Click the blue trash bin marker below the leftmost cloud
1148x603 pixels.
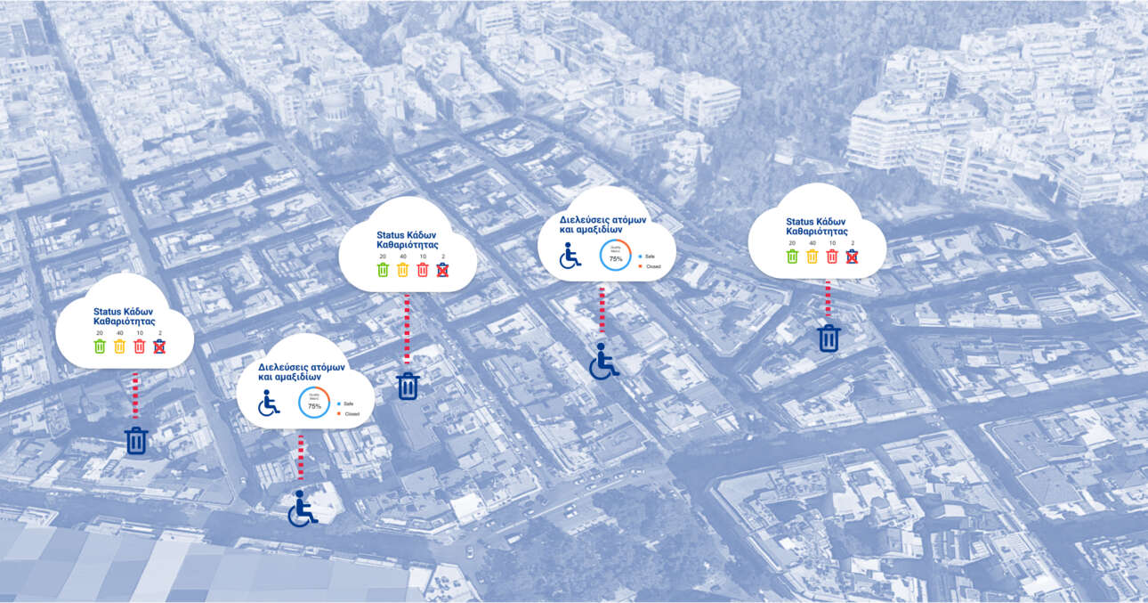click(136, 440)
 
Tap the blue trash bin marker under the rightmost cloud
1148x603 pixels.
click(829, 338)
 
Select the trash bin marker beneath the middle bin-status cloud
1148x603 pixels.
click(408, 386)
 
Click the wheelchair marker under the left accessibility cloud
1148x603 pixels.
click(302, 509)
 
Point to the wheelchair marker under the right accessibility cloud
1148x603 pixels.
click(603, 361)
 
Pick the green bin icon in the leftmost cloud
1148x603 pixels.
click(100, 346)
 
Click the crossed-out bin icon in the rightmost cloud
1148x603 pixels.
click(852, 257)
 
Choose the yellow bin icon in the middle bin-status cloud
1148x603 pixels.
click(402, 270)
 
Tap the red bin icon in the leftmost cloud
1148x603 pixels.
click(140, 346)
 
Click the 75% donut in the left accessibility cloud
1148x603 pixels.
click(313, 403)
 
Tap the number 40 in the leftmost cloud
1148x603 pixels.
click(120, 333)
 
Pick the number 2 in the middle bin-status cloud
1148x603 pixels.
click(442, 257)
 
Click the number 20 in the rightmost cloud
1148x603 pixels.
click(792, 243)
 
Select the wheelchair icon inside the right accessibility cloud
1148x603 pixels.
click(570, 255)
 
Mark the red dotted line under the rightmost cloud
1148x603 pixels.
click(828, 298)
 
